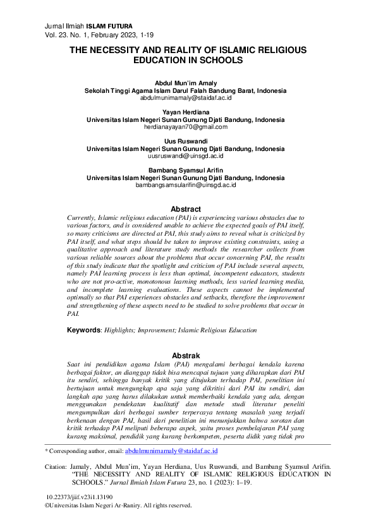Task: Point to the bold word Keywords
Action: (x=84, y=330)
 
